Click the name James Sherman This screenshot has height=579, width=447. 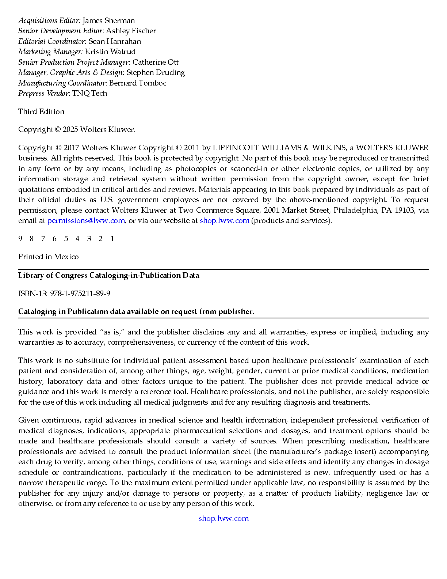[x=108, y=20]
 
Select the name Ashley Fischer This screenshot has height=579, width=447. [x=131, y=31]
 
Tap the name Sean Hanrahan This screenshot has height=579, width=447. [x=115, y=41]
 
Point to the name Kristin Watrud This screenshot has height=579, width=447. [x=110, y=52]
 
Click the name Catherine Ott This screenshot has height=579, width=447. [x=155, y=62]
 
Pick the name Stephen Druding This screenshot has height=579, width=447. [x=156, y=72]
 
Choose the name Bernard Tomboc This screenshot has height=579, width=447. [x=138, y=83]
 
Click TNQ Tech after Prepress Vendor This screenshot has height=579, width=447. [x=89, y=93]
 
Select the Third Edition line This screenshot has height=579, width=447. [x=41, y=111]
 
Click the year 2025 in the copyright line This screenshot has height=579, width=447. [x=70, y=129]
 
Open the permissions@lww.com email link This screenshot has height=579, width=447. [x=86, y=220]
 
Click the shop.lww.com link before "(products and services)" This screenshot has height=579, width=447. [x=224, y=220]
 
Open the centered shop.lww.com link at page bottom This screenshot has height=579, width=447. [x=223, y=518]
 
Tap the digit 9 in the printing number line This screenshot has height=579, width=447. [x=20, y=239]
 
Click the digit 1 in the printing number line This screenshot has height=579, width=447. [x=112, y=239]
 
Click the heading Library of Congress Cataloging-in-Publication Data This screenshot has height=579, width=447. [x=109, y=275]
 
